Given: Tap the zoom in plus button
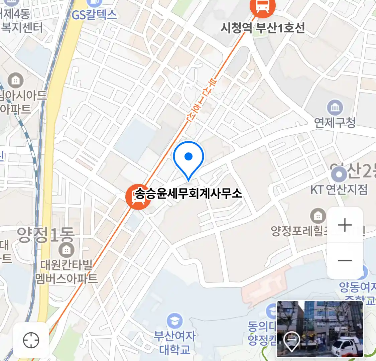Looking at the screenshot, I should tap(345, 225).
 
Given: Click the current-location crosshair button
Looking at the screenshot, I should tap(31, 340).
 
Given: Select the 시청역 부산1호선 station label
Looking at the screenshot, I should tap(263, 28).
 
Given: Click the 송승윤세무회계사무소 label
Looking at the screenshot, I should tap(189, 193).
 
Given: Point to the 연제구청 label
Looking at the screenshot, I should tap(335, 123).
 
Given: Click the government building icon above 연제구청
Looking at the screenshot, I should tap(335, 108).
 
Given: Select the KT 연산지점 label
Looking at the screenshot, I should tap(339, 190).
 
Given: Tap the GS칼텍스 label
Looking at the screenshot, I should tap(94, 15).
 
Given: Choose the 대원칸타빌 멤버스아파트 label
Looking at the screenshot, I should tap(67, 271).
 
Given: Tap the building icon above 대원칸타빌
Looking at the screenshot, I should tap(66, 249).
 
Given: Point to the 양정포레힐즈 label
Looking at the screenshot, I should tap(299, 230).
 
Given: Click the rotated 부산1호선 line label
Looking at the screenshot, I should tap(200, 101).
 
